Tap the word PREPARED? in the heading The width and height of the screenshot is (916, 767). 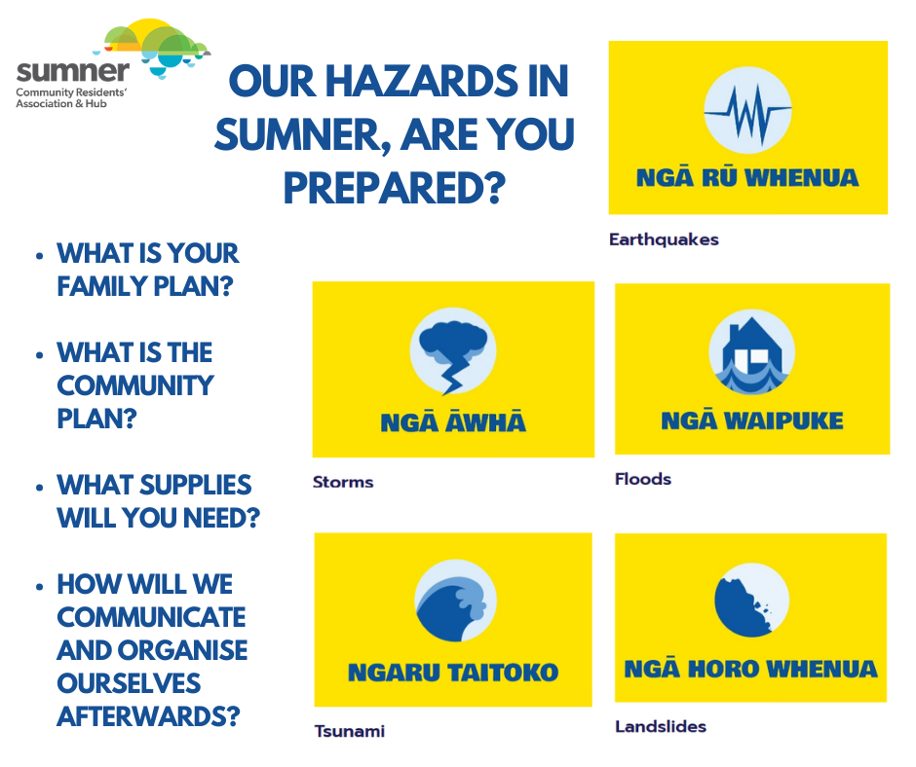394,186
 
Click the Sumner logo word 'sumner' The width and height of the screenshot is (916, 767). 73,70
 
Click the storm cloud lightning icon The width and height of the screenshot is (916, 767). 452,351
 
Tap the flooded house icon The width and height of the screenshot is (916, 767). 751,352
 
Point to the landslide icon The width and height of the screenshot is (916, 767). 751,600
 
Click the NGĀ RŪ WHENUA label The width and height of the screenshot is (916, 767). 747,177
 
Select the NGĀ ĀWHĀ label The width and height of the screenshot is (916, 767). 452,421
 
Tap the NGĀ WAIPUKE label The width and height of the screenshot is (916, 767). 751,420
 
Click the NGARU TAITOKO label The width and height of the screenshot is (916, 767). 453,672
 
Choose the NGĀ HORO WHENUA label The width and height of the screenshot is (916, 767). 750,669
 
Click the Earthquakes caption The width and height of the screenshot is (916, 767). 664,238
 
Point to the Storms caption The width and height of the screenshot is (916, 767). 343,482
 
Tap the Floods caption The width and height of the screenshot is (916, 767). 643,479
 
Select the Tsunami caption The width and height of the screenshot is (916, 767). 349,731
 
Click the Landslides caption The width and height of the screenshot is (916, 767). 661,726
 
